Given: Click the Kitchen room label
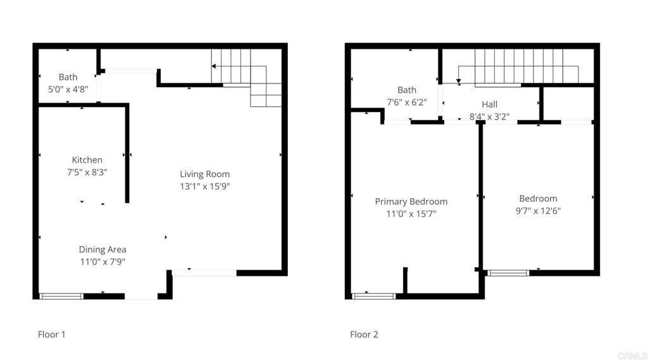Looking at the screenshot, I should (87, 160).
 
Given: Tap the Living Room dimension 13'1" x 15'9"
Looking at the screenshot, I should (204, 187).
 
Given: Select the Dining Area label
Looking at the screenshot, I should (103, 249).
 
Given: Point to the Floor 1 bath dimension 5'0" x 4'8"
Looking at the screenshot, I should (68, 90).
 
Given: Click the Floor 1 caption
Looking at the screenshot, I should (51, 335).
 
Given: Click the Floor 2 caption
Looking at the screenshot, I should (364, 335).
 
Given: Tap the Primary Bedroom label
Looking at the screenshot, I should (411, 202).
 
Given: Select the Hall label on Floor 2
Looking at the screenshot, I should (489, 104).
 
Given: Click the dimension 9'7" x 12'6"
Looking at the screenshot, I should (538, 211).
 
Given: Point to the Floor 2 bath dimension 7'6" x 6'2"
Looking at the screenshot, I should (407, 102).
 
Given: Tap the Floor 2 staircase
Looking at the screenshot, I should (519, 66).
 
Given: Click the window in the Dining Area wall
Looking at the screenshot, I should (61, 295).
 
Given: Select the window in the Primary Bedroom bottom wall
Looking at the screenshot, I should (373, 295).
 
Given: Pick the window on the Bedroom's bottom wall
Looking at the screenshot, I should (508, 273).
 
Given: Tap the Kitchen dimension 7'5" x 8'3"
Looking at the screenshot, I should (87, 172).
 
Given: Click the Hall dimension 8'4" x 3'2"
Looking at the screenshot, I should (489, 116).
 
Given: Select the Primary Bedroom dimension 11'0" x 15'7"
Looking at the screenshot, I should (411, 214).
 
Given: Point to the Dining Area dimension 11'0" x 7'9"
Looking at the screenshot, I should (103, 261).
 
